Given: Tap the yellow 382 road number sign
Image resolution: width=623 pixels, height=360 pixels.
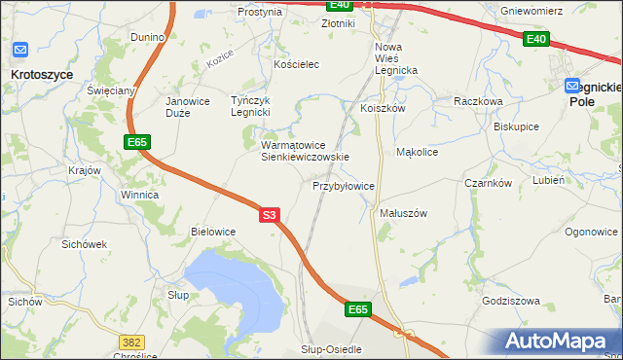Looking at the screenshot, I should (130, 342).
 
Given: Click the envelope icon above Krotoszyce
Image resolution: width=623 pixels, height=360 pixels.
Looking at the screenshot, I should (20, 49).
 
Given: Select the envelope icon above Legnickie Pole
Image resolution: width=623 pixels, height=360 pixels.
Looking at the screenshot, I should (574, 86).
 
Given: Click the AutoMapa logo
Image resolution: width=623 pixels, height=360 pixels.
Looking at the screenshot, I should (560, 341).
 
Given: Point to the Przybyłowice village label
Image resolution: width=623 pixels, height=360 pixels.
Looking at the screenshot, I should (344, 185).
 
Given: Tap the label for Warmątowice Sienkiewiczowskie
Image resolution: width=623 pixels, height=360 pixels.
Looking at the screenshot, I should (305, 151).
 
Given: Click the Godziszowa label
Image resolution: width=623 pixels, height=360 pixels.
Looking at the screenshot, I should (510, 301).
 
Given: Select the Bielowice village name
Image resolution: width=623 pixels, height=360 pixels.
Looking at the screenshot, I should (213, 232).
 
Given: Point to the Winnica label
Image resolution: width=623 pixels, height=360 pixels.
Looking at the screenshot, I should (139, 195).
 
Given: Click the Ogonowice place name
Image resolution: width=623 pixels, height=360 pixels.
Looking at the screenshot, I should (591, 232).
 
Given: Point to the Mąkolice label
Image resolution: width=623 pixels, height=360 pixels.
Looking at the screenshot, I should (418, 152).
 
